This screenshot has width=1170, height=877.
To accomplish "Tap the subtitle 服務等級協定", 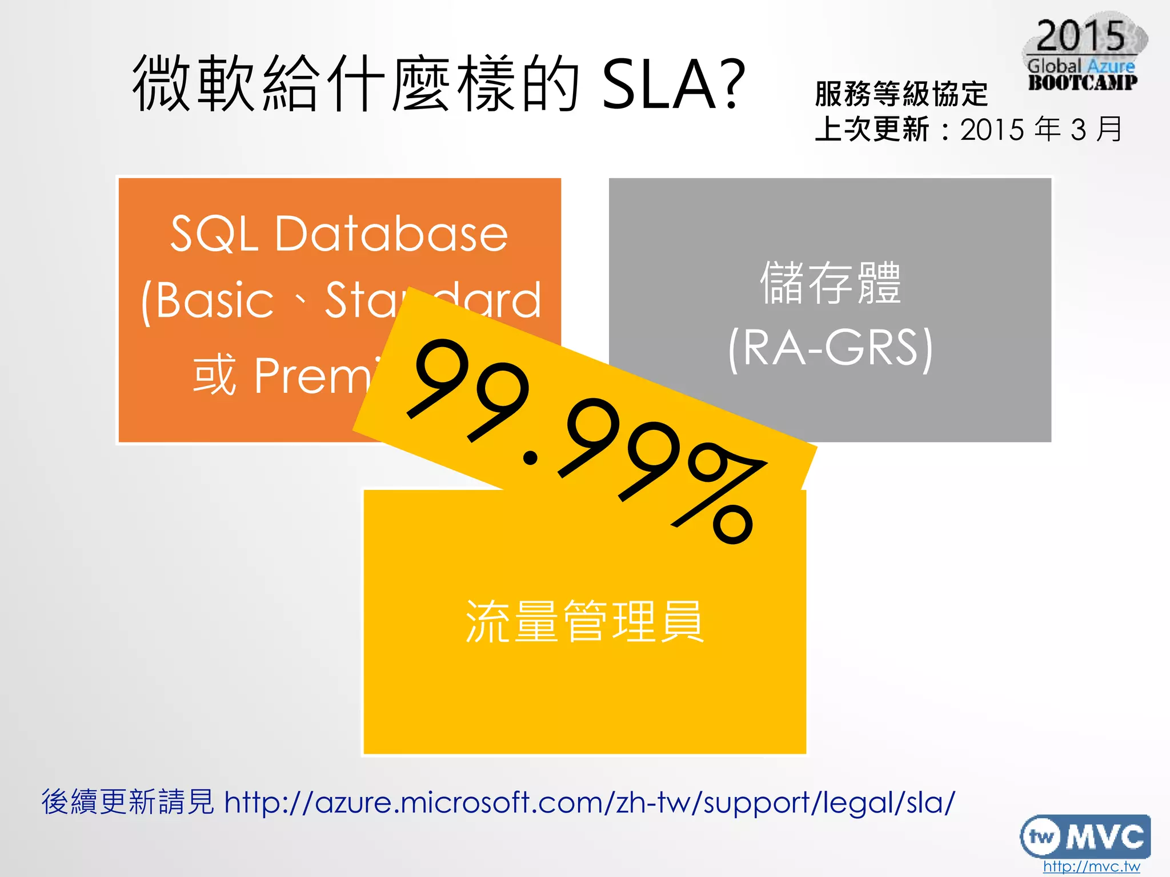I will pos(901,94).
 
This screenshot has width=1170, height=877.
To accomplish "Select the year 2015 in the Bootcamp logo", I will pos(1080,36).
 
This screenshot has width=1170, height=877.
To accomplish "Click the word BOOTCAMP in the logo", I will pos(1083,83).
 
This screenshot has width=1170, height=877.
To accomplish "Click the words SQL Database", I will pos(339,234).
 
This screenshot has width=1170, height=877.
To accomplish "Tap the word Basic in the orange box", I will pos(214,301).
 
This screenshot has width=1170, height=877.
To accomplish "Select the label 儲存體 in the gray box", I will pos(830,283).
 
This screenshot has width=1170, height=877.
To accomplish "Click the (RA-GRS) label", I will pos(830,348).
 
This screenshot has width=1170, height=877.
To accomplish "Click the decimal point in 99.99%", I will pos(531,457).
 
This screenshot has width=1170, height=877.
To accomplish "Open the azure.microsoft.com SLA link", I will pos(589,803).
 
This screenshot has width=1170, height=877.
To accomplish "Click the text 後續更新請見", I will pos(127,802).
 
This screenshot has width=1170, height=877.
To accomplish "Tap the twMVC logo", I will pos(1085,836).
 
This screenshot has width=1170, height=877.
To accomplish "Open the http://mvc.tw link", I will pos(1091,867).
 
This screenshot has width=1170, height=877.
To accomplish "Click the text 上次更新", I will pos(872,130).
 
